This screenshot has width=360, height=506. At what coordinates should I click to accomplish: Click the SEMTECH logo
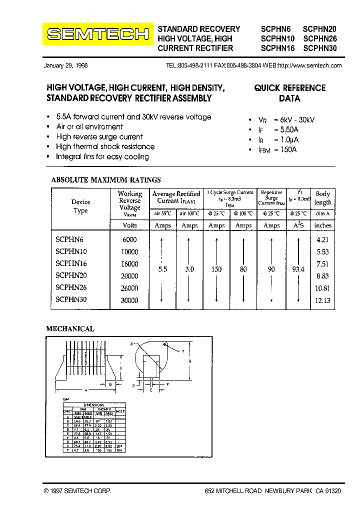pyautogui.click(x=97, y=34)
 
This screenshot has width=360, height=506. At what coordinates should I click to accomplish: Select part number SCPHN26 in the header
pyautogui.click(x=320, y=38)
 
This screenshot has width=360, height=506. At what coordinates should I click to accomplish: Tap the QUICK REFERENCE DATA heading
pyautogui.click(x=289, y=93)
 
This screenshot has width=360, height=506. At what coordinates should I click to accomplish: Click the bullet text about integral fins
pyautogui.click(x=102, y=156)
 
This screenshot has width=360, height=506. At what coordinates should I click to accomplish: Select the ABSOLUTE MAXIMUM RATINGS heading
pyautogui.click(x=106, y=180)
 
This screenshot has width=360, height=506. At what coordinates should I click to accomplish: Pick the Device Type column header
pyautogui.click(x=80, y=206)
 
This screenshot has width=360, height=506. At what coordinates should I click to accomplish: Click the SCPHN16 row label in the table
pyautogui.click(x=71, y=263)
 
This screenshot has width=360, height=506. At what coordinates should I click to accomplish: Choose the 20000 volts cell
pyautogui.click(x=129, y=276)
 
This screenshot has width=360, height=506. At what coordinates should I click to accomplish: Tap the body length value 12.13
pyautogui.click(x=323, y=300)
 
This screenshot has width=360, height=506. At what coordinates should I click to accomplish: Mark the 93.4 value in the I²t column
pyautogui.click(x=298, y=269)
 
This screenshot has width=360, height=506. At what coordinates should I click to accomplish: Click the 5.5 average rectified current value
pyautogui.click(x=162, y=269)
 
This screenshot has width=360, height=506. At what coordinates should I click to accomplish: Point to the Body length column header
pyautogui.click(x=323, y=198)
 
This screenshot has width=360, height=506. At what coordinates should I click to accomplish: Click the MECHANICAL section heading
pyautogui.click(x=70, y=329)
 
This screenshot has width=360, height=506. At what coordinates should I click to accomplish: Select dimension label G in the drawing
pyautogui.click(x=189, y=361)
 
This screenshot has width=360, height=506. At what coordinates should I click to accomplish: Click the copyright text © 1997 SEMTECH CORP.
pyautogui.click(x=77, y=492)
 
